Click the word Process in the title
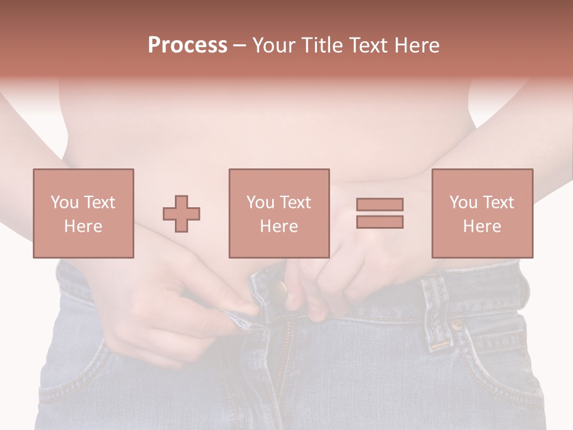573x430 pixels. click(187, 45)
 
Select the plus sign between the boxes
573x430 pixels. click(181, 213)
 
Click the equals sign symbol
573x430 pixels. click(380, 213)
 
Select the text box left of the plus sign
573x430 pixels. click(84, 213)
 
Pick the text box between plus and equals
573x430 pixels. click(279, 213)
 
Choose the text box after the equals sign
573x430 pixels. click(482, 213)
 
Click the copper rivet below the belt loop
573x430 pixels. click(457, 325)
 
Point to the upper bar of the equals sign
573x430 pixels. click(380, 204)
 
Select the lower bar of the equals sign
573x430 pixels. click(380, 222)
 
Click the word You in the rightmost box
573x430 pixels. click(463, 202)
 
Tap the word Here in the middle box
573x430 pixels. click(279, 226)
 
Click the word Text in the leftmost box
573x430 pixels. click(99, 202)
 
